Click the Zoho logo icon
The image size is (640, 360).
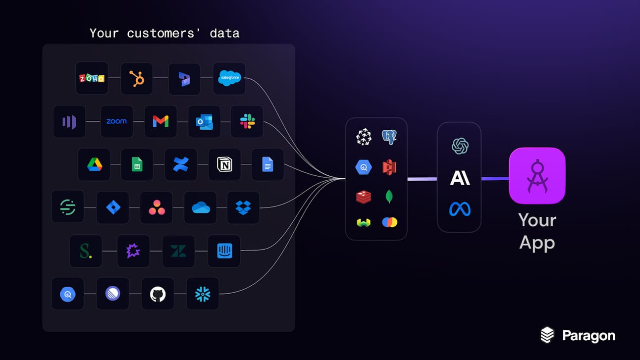[92, 78]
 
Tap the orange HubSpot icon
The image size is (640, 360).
[137, 78]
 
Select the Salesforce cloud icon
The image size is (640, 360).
[229, 78]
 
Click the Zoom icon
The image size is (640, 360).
[116, 121]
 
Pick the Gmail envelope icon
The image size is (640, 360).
[160, 121]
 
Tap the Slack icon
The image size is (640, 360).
[247, 121]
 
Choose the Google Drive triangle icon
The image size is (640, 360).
[95, 164]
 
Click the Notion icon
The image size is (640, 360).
[224, 164]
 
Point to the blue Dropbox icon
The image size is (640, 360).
[243, 207]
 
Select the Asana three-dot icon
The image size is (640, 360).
[157, 207]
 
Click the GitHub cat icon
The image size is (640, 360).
[158, 294]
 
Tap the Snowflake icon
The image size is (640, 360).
[203, 294]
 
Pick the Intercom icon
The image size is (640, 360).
[224, 251]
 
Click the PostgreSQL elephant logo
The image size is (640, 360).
[389, 137]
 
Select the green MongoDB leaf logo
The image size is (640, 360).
[389, 197]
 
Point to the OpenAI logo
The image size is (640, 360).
[460, 146]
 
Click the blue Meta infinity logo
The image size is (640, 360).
[460, 209]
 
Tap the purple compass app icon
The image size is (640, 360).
[537, 176]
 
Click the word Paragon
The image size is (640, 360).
[588, 336]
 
